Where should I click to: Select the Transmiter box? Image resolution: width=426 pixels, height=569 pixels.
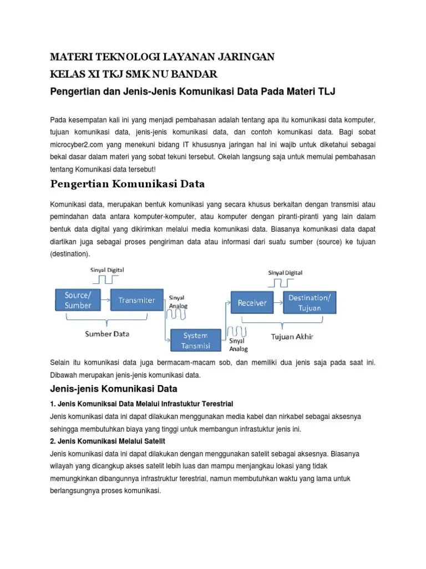pos(136,300)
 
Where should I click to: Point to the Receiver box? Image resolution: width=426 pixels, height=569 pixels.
pos(252,303)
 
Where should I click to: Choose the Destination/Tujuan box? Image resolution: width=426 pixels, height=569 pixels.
pos(310,303)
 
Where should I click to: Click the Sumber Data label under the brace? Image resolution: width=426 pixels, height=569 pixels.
pos(107,334)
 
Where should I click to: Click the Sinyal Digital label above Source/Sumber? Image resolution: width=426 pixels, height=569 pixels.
pos(107,270)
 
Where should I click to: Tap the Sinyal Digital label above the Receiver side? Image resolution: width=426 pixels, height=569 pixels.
pos(285,273)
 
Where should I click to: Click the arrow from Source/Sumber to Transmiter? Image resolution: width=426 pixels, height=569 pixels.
pos(106,300)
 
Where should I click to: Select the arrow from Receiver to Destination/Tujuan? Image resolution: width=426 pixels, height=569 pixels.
pos(277,303)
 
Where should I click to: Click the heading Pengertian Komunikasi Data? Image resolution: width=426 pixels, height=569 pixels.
pos(128,183)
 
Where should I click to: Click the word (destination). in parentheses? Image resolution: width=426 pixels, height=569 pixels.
pos(70,253)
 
